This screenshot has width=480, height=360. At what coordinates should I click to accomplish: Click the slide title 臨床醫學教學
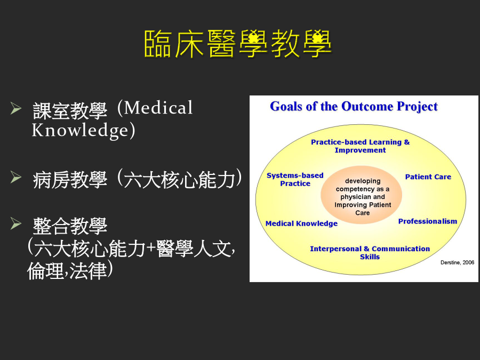(238, 44)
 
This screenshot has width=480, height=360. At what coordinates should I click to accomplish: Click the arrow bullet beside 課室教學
(15, 108)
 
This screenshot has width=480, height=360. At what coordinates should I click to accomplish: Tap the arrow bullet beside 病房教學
(15, 177)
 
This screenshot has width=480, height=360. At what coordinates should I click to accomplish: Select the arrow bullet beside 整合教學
(15, 223)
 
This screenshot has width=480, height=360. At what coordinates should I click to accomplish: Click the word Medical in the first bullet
(158, 108)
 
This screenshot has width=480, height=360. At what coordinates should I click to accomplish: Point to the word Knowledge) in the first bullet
(84, 131)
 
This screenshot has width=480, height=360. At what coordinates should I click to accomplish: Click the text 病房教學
(70, 180)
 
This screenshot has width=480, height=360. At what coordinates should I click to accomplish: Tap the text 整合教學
(70, 226)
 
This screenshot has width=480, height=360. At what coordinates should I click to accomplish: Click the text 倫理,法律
(67, 270)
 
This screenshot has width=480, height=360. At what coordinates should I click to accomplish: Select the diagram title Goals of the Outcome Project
(354, 107)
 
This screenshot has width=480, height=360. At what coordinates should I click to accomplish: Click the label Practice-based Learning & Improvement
(361, 146)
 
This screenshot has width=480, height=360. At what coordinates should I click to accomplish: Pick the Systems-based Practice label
(295, 179)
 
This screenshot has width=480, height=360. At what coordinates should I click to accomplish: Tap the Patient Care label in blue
(428, 177)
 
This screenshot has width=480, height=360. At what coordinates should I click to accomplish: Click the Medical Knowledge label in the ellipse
(301, 223)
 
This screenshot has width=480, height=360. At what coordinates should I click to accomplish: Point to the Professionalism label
(428, 221)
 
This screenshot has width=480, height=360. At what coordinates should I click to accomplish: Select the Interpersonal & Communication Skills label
(370, 253)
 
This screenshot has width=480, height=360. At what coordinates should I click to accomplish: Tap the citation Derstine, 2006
(458, 262)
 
